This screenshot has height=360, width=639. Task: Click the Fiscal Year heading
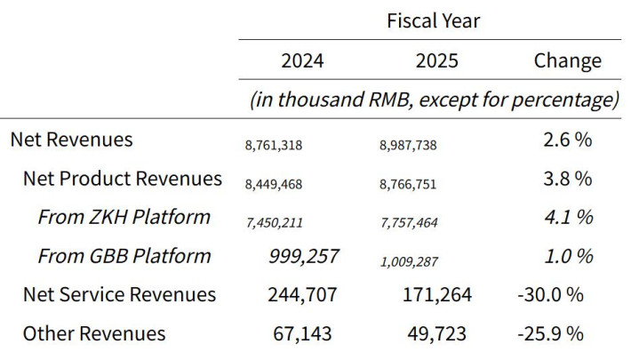433,20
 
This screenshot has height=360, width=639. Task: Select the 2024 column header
302,61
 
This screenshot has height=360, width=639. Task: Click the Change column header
567,61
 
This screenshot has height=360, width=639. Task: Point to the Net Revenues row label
71,140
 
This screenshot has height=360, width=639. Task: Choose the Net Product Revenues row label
123,179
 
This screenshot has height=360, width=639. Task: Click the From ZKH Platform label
124,217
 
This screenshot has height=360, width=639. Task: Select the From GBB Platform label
124,256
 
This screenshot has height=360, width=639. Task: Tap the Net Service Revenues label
119,294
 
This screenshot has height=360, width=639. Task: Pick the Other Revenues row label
94,333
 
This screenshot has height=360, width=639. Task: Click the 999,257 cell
303,256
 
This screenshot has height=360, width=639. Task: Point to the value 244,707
302,294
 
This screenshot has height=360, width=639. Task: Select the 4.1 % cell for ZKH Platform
568,217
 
